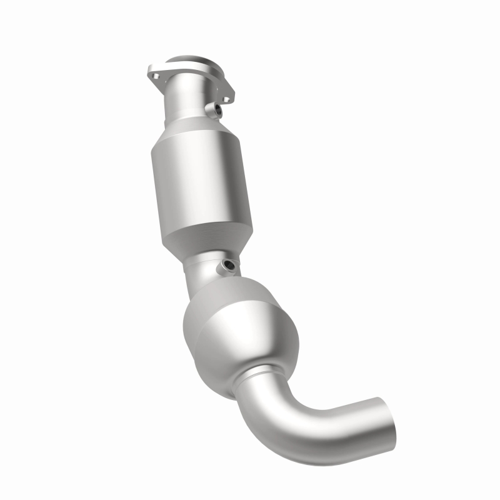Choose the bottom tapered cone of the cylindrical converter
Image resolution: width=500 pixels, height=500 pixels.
tap(209, 241)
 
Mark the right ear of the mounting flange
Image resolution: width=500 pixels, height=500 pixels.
tap(226, 95)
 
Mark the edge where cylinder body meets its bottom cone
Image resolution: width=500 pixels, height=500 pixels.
tap(206, 222)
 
